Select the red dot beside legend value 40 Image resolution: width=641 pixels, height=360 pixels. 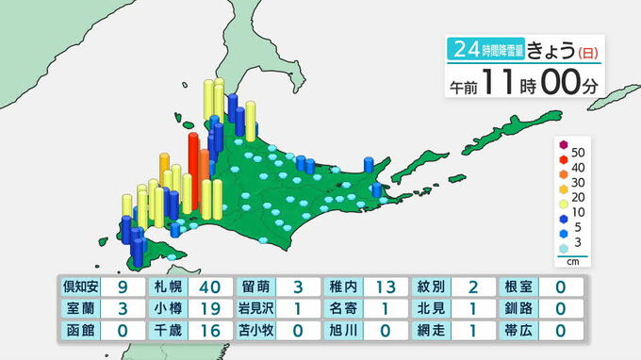564,167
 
